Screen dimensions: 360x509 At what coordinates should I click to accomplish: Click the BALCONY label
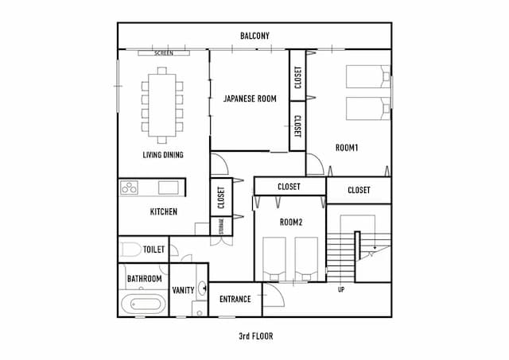[x=254, y=36]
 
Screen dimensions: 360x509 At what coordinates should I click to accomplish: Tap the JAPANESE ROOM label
[x=250, y=99]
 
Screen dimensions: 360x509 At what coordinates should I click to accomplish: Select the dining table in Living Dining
[x=162, y=103]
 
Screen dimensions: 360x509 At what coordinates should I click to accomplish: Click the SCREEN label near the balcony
[x=163, y=53]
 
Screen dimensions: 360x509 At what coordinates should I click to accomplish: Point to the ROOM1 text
[x=347, y=148]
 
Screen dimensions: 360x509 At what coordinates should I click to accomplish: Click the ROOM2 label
[x=290, y=223]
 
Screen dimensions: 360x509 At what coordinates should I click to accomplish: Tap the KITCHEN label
[x=163, y=212]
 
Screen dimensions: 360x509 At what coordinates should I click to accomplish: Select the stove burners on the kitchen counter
[x=130, y=188]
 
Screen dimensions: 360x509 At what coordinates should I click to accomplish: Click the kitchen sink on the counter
[x=167, y=188]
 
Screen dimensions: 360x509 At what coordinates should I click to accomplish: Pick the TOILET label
[x=153, y=250]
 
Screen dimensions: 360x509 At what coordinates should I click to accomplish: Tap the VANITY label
[x=183, y=289]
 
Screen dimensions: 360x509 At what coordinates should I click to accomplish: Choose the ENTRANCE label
[x=235, y=300]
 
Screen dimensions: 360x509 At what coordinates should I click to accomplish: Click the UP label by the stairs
[x=341, y=288]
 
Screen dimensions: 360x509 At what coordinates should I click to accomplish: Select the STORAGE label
[x=220, y=226]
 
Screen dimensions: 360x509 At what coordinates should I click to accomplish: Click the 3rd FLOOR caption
[x=255, y=336]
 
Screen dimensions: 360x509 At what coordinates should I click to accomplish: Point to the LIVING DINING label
[x=163, y=155]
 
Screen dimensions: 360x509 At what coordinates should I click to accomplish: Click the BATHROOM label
[x=145, y=279]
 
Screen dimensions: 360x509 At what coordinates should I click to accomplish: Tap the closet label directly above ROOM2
[x=289, y=187]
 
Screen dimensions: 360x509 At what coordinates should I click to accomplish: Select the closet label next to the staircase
[x=359, y=190]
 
